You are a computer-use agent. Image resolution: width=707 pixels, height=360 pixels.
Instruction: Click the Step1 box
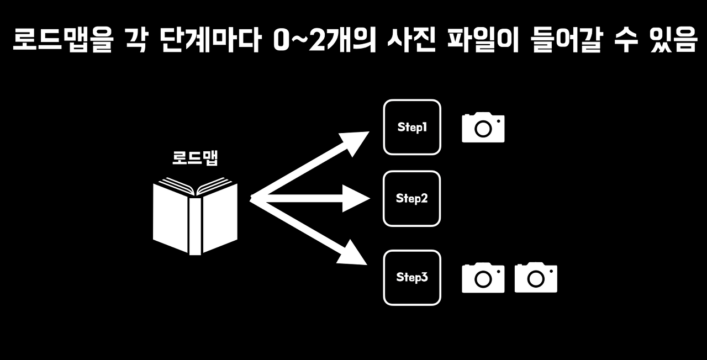click(x=412, y=127)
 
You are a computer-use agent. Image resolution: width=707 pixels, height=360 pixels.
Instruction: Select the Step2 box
click(x=412, y=198)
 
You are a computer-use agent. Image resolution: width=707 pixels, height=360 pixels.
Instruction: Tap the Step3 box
click(x=412, y=277)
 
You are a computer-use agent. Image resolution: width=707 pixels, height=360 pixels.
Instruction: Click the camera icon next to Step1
click(x=483, y=128)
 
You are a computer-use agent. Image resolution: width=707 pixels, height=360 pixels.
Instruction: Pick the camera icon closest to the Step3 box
click(x=483, y=278)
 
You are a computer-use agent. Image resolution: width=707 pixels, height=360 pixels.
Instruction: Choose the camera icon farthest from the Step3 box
click(x=536, y=278)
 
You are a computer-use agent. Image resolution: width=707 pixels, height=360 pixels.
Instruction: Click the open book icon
click(x=195, y=216)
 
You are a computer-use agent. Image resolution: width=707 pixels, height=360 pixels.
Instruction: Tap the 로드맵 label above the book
click(x=195, y=158)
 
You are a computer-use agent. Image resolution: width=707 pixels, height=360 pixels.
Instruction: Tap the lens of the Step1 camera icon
click(x=483, y=129)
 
